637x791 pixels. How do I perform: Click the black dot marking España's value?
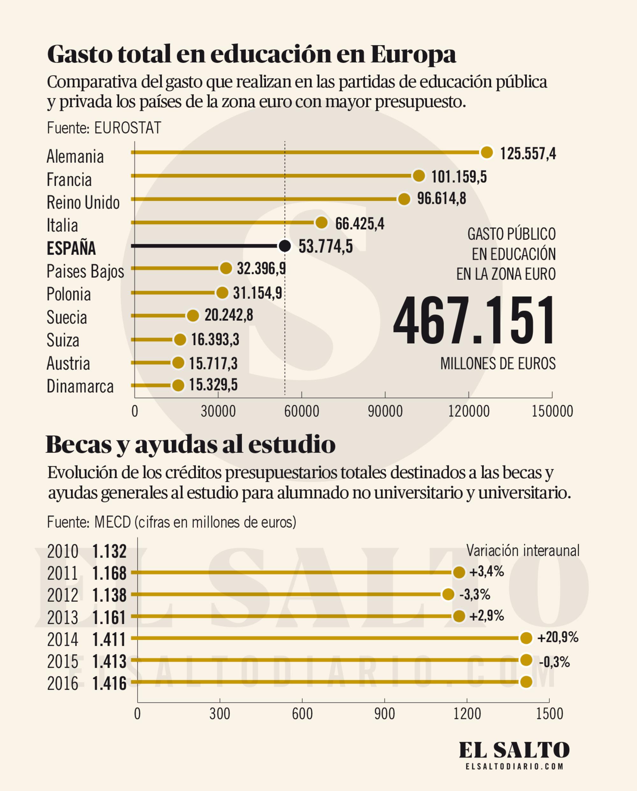(285, 246)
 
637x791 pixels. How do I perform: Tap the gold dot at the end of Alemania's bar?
(487, 152)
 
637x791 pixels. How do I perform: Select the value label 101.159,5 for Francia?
(459, 177)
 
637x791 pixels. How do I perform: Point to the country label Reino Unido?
(83, 203)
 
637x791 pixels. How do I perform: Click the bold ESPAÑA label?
(71, 248)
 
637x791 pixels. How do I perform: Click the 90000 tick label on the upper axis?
(385, 411)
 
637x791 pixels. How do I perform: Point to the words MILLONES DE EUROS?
(497, 364)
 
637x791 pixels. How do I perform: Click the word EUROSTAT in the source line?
(127, 128)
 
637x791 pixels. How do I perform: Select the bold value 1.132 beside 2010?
(109, 552)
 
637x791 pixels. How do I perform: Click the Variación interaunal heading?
(523, 551)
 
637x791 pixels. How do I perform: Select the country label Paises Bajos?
(85, 272)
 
